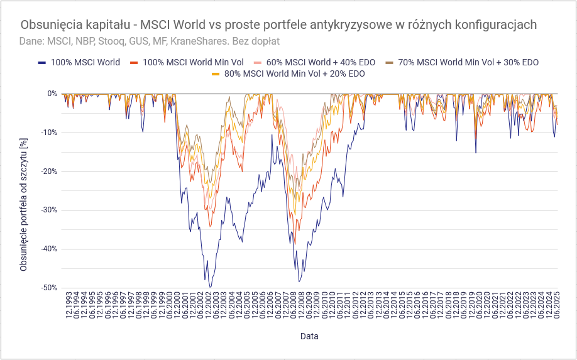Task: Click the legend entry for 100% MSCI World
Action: [x=85, y=62]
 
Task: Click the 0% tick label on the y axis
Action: [x=52, y=94]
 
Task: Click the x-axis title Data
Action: [x=309, y=336]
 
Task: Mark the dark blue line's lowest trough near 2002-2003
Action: [x=210, y=287]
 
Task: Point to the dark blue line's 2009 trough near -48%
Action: [x=299, y=281]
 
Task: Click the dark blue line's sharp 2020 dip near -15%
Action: [x=476, y=153]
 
